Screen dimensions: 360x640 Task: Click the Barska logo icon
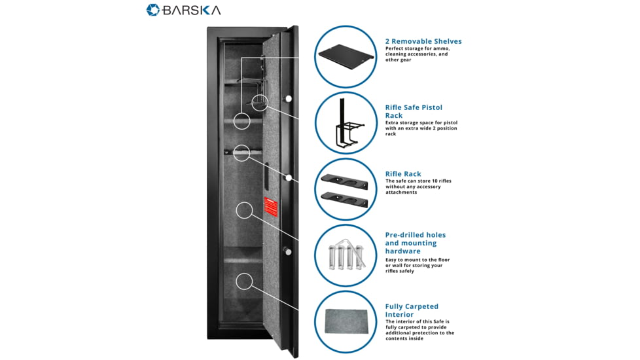(x=152, y=10)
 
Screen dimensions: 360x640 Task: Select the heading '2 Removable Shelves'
(x=423, y=41)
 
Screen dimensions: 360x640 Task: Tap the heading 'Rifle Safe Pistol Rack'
(x=414, y=111)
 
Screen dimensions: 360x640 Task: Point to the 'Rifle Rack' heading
(x=403, y=174)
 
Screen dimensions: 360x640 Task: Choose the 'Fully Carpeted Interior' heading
(x=412, y=310)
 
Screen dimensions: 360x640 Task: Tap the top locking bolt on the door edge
(x=287, y=98)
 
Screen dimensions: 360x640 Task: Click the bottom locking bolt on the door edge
(x=287, y=251)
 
